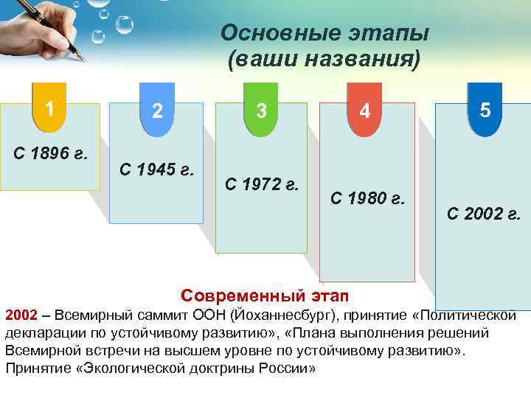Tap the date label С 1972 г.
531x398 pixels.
(262, 184)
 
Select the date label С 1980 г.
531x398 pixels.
(368, 198)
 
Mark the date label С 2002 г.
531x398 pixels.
(484, 215)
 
